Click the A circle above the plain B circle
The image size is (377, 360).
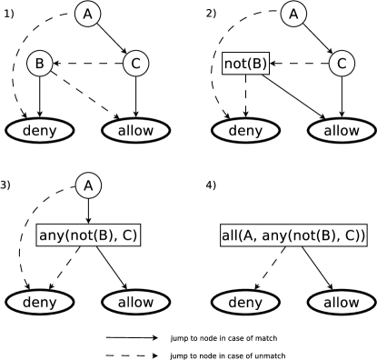coord(87,14)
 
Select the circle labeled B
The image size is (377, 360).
coord(39,64)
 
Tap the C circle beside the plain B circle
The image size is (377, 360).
coord(135,64)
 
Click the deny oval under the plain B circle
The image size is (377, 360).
coord(39,131)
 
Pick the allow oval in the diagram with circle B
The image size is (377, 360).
coord(135,131)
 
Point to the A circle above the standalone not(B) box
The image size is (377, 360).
coord(293,14)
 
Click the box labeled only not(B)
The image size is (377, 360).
coord(245,64)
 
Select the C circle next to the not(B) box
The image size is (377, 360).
coord(342,64)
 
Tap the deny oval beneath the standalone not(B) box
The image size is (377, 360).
coord(245,131)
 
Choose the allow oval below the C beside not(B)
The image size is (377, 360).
coord(342,131)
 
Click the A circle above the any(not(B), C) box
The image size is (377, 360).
coord(87,185)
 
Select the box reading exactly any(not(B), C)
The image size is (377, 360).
coord(87,235)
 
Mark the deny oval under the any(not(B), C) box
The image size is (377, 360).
coord(39,302)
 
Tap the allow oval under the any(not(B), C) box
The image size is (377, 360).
coord(135,302)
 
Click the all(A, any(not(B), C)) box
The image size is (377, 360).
coord(293,235)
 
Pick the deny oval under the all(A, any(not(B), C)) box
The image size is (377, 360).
coord(245,302)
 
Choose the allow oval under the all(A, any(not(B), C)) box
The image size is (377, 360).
coord(342,302)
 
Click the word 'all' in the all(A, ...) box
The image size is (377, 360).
coord(231,235)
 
